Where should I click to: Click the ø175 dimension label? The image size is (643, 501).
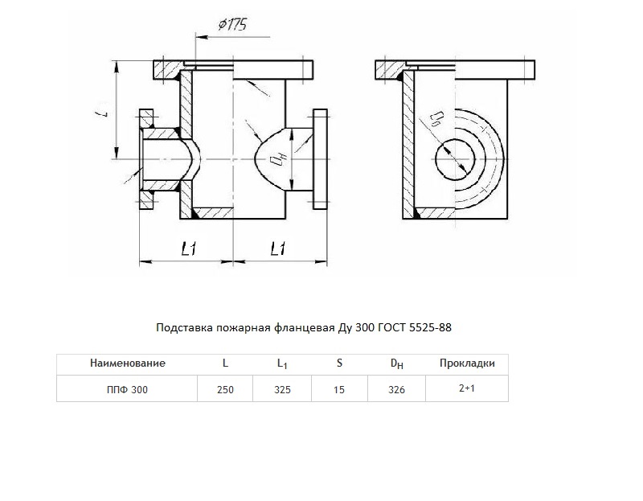(x=232, y=25)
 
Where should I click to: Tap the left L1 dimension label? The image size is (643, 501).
(x=189, y=248)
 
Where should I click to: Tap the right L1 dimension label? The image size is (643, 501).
(x=278, y=248)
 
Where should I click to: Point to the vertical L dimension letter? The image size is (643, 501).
(x=105, y=112)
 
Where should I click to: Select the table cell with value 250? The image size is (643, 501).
(x=225, y=389)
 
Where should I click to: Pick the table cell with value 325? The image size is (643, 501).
(x=282, y=389)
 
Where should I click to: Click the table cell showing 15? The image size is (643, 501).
(x=339, y=389)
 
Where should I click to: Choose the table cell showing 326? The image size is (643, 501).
(x=396, y=389)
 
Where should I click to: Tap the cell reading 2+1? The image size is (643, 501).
(x=467, y=388)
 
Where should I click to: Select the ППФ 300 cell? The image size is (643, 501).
(x=127, y=389)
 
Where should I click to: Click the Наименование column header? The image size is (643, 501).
(x=128, y=363)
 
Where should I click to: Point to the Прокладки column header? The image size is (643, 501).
(x=467, y=363)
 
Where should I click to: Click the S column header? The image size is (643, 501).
(x=339, y=363)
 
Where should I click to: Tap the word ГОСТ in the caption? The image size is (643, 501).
(x=391, y=327)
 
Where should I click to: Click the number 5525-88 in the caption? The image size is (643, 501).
(x=430, y=327)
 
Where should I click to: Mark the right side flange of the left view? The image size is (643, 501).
(x=320, y=159)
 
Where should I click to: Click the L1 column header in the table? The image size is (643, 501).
(x=282, y=363)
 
